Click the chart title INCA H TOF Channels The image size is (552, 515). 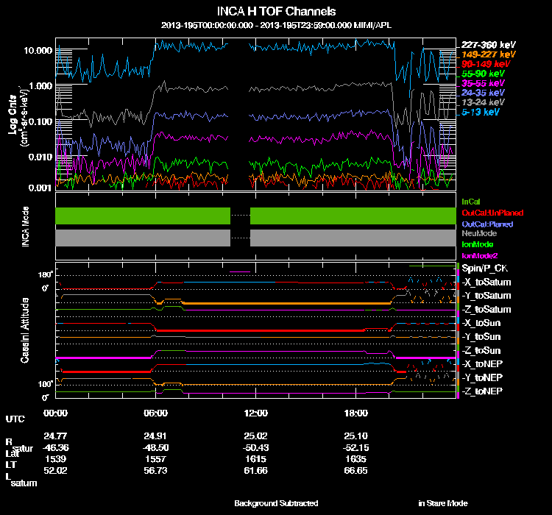tap(277, 12)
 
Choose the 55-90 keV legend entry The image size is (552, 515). tap(482, 74)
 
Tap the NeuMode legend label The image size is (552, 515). tap(476, 233)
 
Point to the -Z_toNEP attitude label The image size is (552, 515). tap(484, 390)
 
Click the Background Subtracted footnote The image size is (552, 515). tap(276, 503)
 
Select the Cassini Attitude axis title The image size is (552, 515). tap(25, 330)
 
